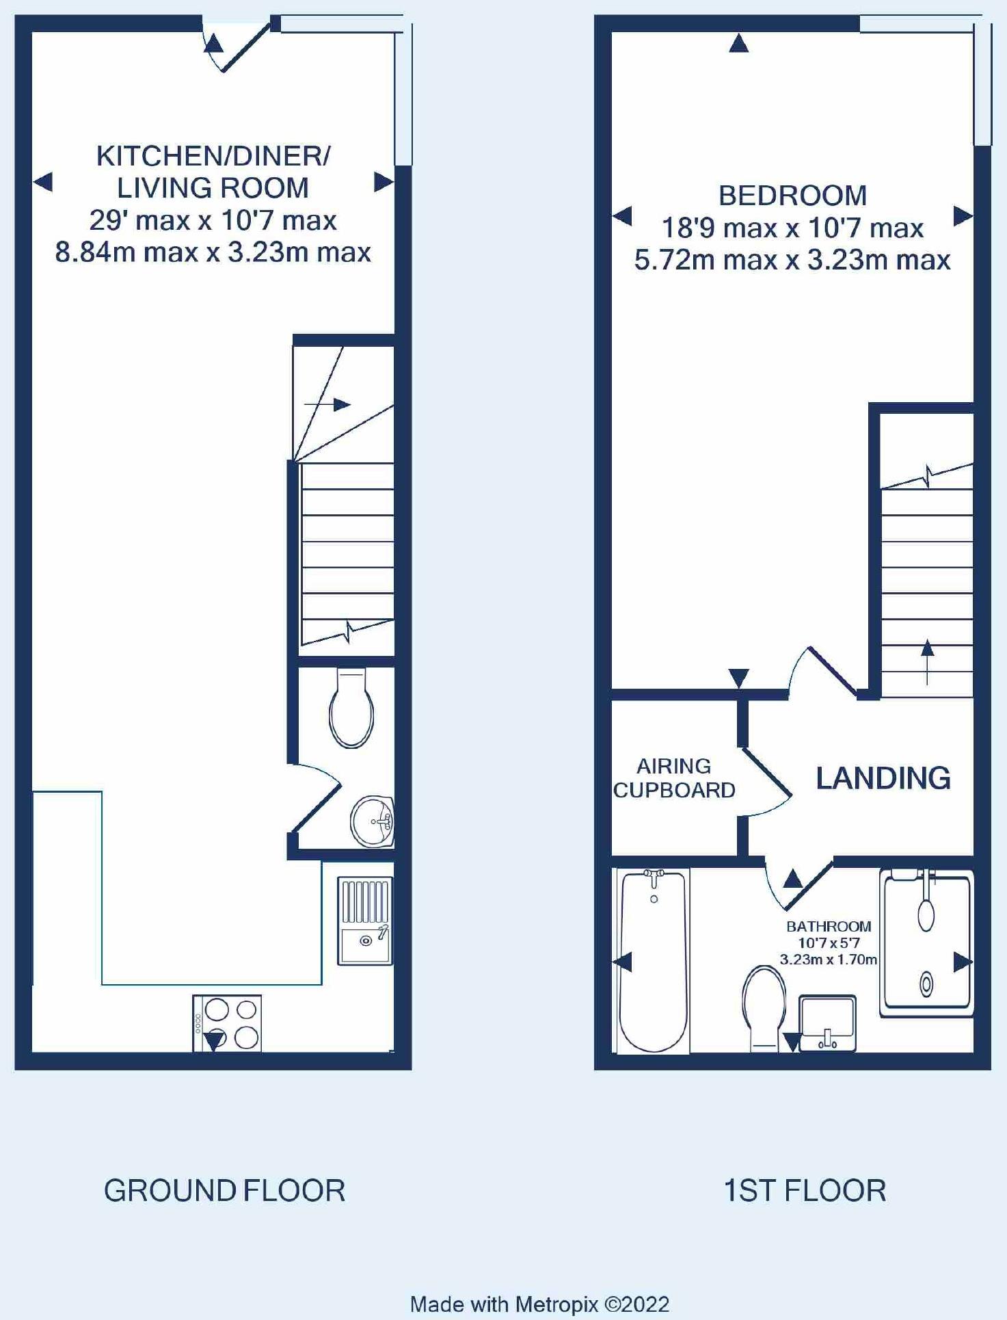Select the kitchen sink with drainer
pyautogui.click(x=365, y=921)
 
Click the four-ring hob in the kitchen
pyautogui.click(x=227, y=1023)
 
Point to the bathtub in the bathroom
pyautogui.click(x=654, y=961)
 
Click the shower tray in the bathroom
pyautogui.click(x=926, y=943)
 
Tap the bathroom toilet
pyautogui.click(x=764, y=1009)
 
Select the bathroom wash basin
pyautogui.click(x=827, y=1023)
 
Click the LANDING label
pyautogui.click(x=883, y=778)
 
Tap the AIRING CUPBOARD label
pyautogui.click(x=674, y=778)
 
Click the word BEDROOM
pyautogui.click(x=792, y=196)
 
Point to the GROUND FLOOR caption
pyautogui.click(x=224, y=1191)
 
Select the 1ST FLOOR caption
pyautogui.click(x=805, y=1191)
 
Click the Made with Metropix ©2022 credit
pyautogui.click(x=539, y=1304)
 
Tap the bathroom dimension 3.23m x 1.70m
pyautogui.click(x=829, y=960)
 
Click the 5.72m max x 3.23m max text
pyautogui.click(x=792, y=260)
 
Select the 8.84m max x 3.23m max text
pyautogui.click(x=213, y=252)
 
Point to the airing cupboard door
pyautogui.click(x=766, y=780)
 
